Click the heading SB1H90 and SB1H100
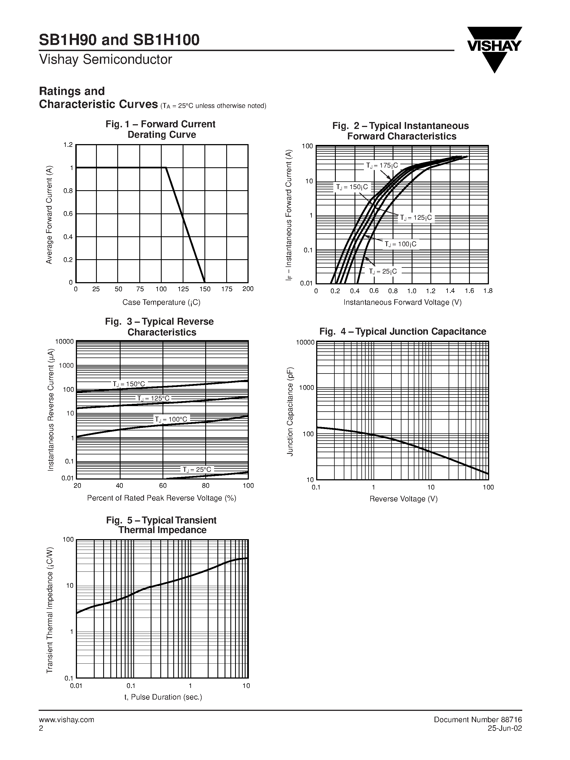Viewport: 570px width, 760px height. pyautogui.click(x=119, y=40)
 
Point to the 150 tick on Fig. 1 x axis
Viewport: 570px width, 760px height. pyautogui.click(x=205, y=289)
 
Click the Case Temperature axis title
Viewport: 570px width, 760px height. pyautogui.click(x=161, y=302)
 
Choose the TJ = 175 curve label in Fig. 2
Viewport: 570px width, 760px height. pyautogui.click(x=382, y=166)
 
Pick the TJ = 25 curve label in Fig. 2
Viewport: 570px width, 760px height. pyautogui.click(x=382, y=271)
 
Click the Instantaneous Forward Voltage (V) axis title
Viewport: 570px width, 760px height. pyautogui.click(x=403, y=302)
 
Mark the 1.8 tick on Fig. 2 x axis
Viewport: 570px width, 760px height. pyautogui.click(x=488, y=291)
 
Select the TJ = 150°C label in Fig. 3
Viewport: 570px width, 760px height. pyautogui.click(x=129, y=384)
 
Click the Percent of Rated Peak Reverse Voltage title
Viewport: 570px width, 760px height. pyautogui.click(x=161, y=498)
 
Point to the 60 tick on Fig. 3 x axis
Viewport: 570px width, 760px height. pyautogui.click(x=163, y=486)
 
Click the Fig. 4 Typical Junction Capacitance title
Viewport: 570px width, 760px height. pyautogui.click(x=403, y=332)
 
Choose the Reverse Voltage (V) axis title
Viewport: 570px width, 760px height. pyautogui.click(x=403, y=499)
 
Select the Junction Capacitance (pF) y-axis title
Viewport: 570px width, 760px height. pyautogui.click(x=290, y=412)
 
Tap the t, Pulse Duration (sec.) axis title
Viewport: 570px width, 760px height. pyautogui.click(x=163, y=697)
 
